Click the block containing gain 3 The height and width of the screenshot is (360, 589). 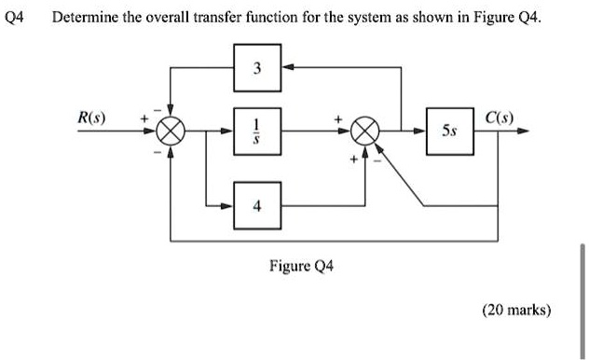coord(258,67)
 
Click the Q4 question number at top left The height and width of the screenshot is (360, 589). coord(16,18)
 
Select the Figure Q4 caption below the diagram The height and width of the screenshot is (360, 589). coord(301,266)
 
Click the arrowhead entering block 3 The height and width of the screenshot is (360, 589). coord(288,67)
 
